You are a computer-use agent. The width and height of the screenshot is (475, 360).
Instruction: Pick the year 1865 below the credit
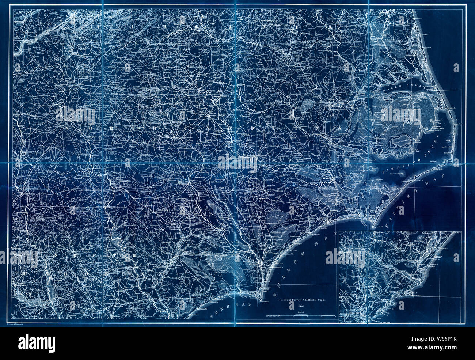301,306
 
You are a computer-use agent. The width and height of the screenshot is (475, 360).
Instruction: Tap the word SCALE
301,312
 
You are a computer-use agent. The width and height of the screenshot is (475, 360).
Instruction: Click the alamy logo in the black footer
37,344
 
